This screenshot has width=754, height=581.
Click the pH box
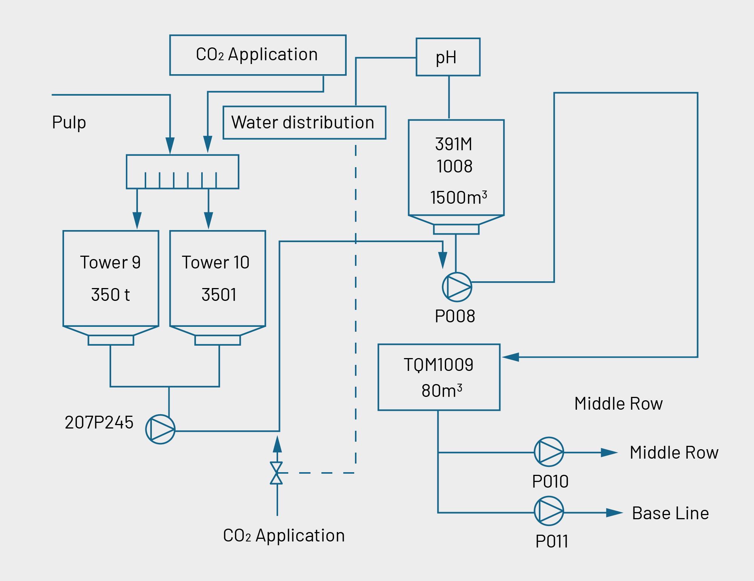pos(448,57)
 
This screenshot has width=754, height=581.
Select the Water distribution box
pos(304,123)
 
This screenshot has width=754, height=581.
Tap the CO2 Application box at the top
pos(258,55)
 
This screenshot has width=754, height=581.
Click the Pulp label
pos(69,122)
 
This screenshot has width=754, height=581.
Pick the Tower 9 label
pos(110,262)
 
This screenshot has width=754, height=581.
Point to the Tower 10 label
pos(216,262)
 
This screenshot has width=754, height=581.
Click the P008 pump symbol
pos(457,287)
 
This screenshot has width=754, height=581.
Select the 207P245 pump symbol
pos(160,429)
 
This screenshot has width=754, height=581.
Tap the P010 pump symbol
pos(549,452)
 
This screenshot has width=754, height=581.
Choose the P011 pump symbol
pos(549,511)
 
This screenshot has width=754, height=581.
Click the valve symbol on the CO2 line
pos(277,473)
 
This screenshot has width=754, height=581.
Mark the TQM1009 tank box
pos(439,377)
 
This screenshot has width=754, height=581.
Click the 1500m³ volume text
pos(458,198)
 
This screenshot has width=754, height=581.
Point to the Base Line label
pos(670,513)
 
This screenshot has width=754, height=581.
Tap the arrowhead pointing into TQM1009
pos(511,357)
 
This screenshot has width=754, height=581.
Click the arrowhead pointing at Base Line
pos(614,512)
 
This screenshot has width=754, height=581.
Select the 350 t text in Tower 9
pos(110,295)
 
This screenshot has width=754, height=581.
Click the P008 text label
pos(455,316)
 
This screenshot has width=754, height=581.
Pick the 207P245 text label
pos(99,422)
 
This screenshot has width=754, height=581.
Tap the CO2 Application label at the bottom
pos(284,535)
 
